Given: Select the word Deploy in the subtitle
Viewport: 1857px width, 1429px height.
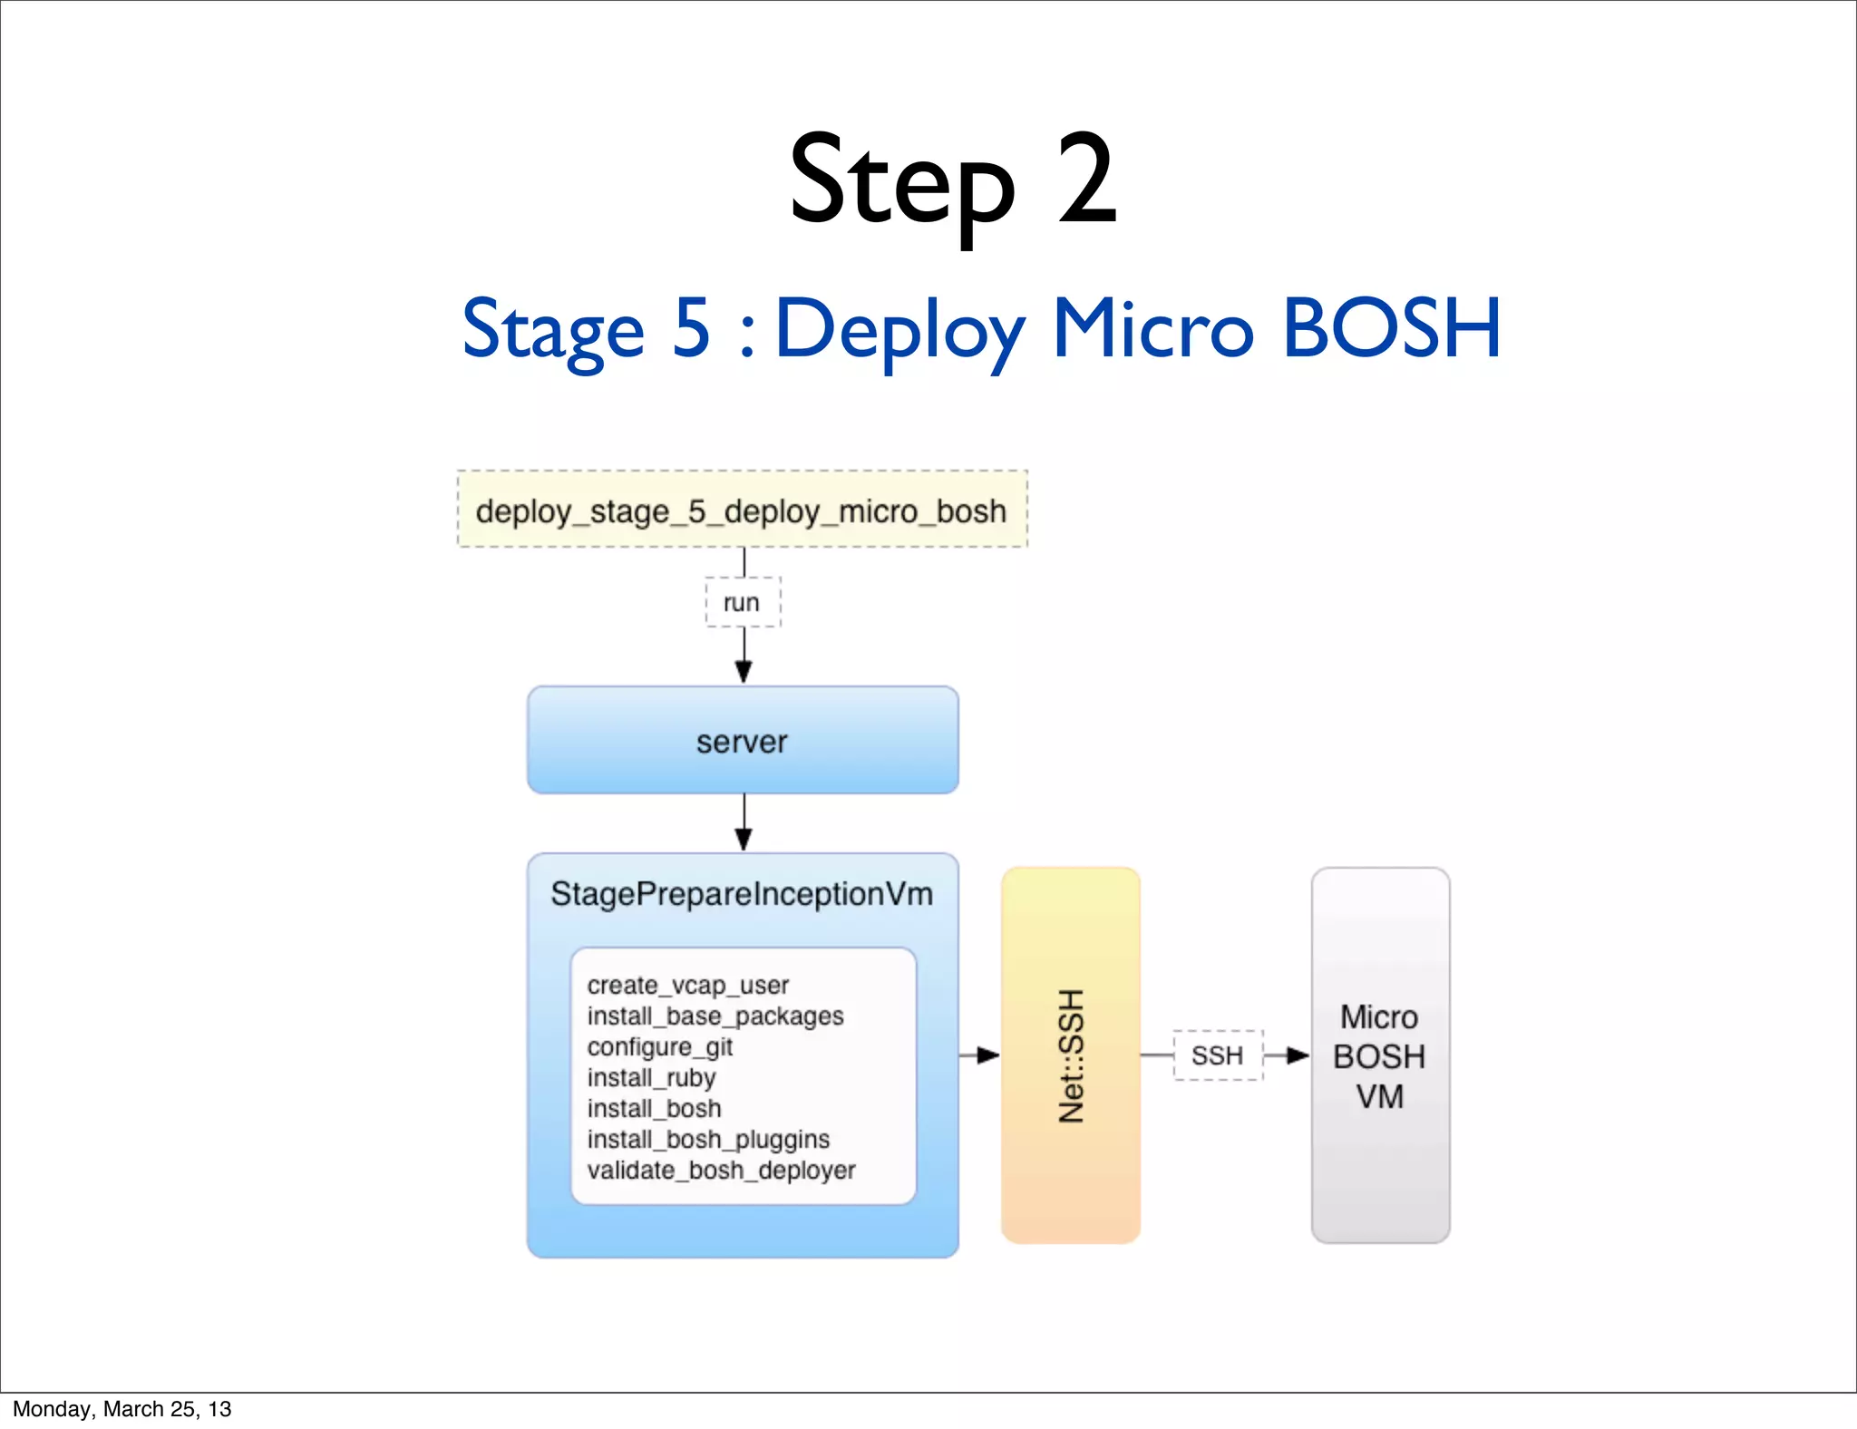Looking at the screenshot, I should [x=900, y=330].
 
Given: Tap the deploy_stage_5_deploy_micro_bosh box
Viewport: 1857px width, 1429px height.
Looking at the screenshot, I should [x=742, y=510].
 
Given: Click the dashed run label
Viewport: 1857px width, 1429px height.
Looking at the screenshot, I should [x=743, y=602].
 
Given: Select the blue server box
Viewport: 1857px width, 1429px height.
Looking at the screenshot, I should [x=743, y=740].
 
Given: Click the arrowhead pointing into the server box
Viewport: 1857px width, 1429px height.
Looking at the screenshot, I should [x=744, y=672].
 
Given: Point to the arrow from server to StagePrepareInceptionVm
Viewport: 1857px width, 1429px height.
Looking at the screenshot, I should [x=744, y=823].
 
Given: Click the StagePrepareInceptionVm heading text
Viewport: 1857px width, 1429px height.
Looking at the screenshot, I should [x=742, y=894].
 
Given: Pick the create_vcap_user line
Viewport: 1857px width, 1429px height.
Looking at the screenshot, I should [x=687, y=985].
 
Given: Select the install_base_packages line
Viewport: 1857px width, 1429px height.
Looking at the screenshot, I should [x=715, y=1016].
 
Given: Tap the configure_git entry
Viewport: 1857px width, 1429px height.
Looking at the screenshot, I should [x=659, y=1046].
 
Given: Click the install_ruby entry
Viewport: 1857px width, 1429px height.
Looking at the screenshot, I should [x=651, y=1077].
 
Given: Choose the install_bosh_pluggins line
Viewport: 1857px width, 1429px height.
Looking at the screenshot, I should [x=707, y=1139].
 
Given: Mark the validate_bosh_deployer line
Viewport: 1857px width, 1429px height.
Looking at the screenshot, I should [x=721, y=1170].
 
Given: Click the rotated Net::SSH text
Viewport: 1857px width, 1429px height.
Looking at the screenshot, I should [x=1071, y=1055].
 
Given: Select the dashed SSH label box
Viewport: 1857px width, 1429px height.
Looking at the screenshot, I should [x=1217, y=1055].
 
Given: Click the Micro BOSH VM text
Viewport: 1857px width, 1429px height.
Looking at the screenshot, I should [x=1379, y=1056].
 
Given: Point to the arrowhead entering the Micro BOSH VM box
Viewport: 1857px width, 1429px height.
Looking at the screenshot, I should [x=1298, y=1055].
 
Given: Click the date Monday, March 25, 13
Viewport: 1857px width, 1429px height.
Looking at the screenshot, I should [x=122, y=1409].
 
